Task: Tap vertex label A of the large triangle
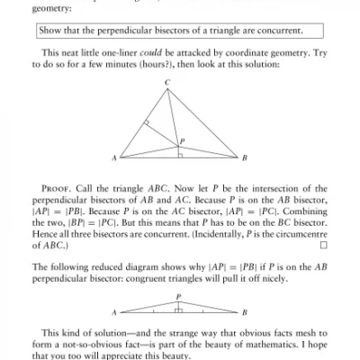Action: pyautogui.click(x=114, y=158)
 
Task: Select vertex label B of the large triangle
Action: pyautogui.click(x=245, y=158)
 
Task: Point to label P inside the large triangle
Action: pyautogui.click(x=183, y=140)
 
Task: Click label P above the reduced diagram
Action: pyautogui.click(x=178, y=295)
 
